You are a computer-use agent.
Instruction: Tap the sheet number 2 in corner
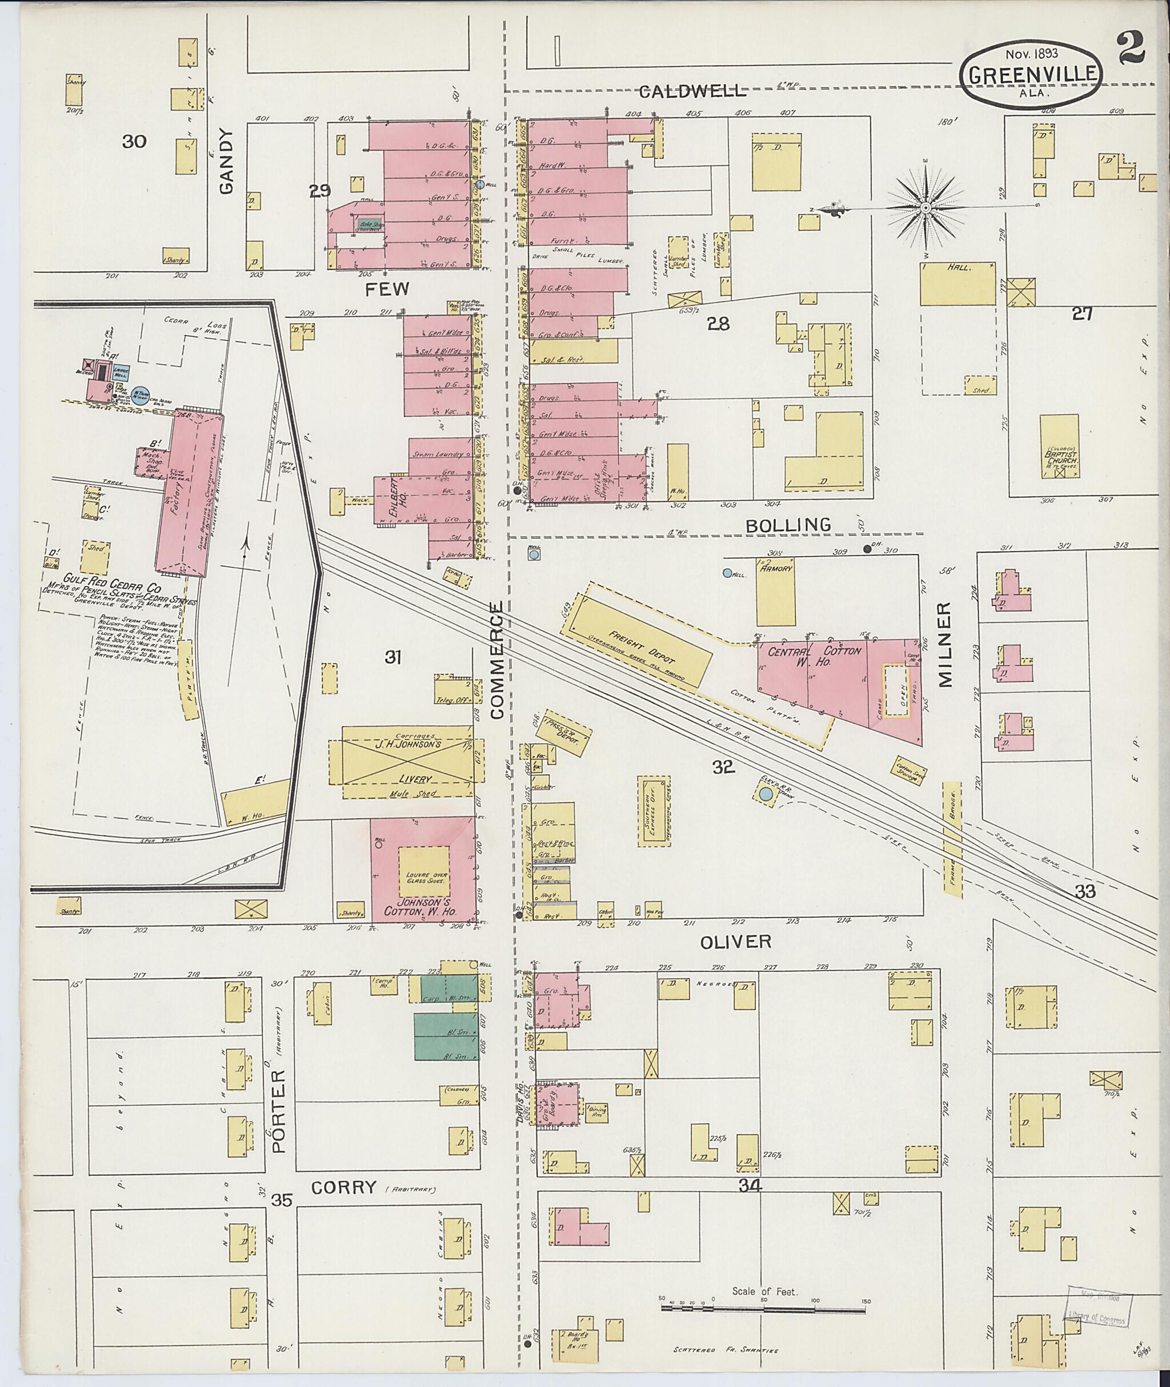point(1132,48)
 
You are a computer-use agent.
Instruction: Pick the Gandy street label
point(227,161)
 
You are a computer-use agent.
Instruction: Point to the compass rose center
point(924,209)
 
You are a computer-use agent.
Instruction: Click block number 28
point(718,324)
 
